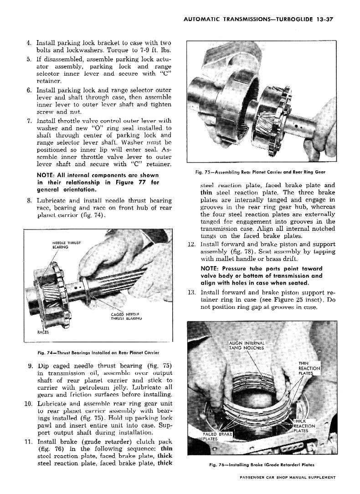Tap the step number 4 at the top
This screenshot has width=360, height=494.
[28, 43]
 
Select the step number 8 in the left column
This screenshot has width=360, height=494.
[28, 200]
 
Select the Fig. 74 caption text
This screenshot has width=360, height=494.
[98, 352]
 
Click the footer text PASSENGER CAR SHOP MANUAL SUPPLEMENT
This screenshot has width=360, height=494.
[287, 478]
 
